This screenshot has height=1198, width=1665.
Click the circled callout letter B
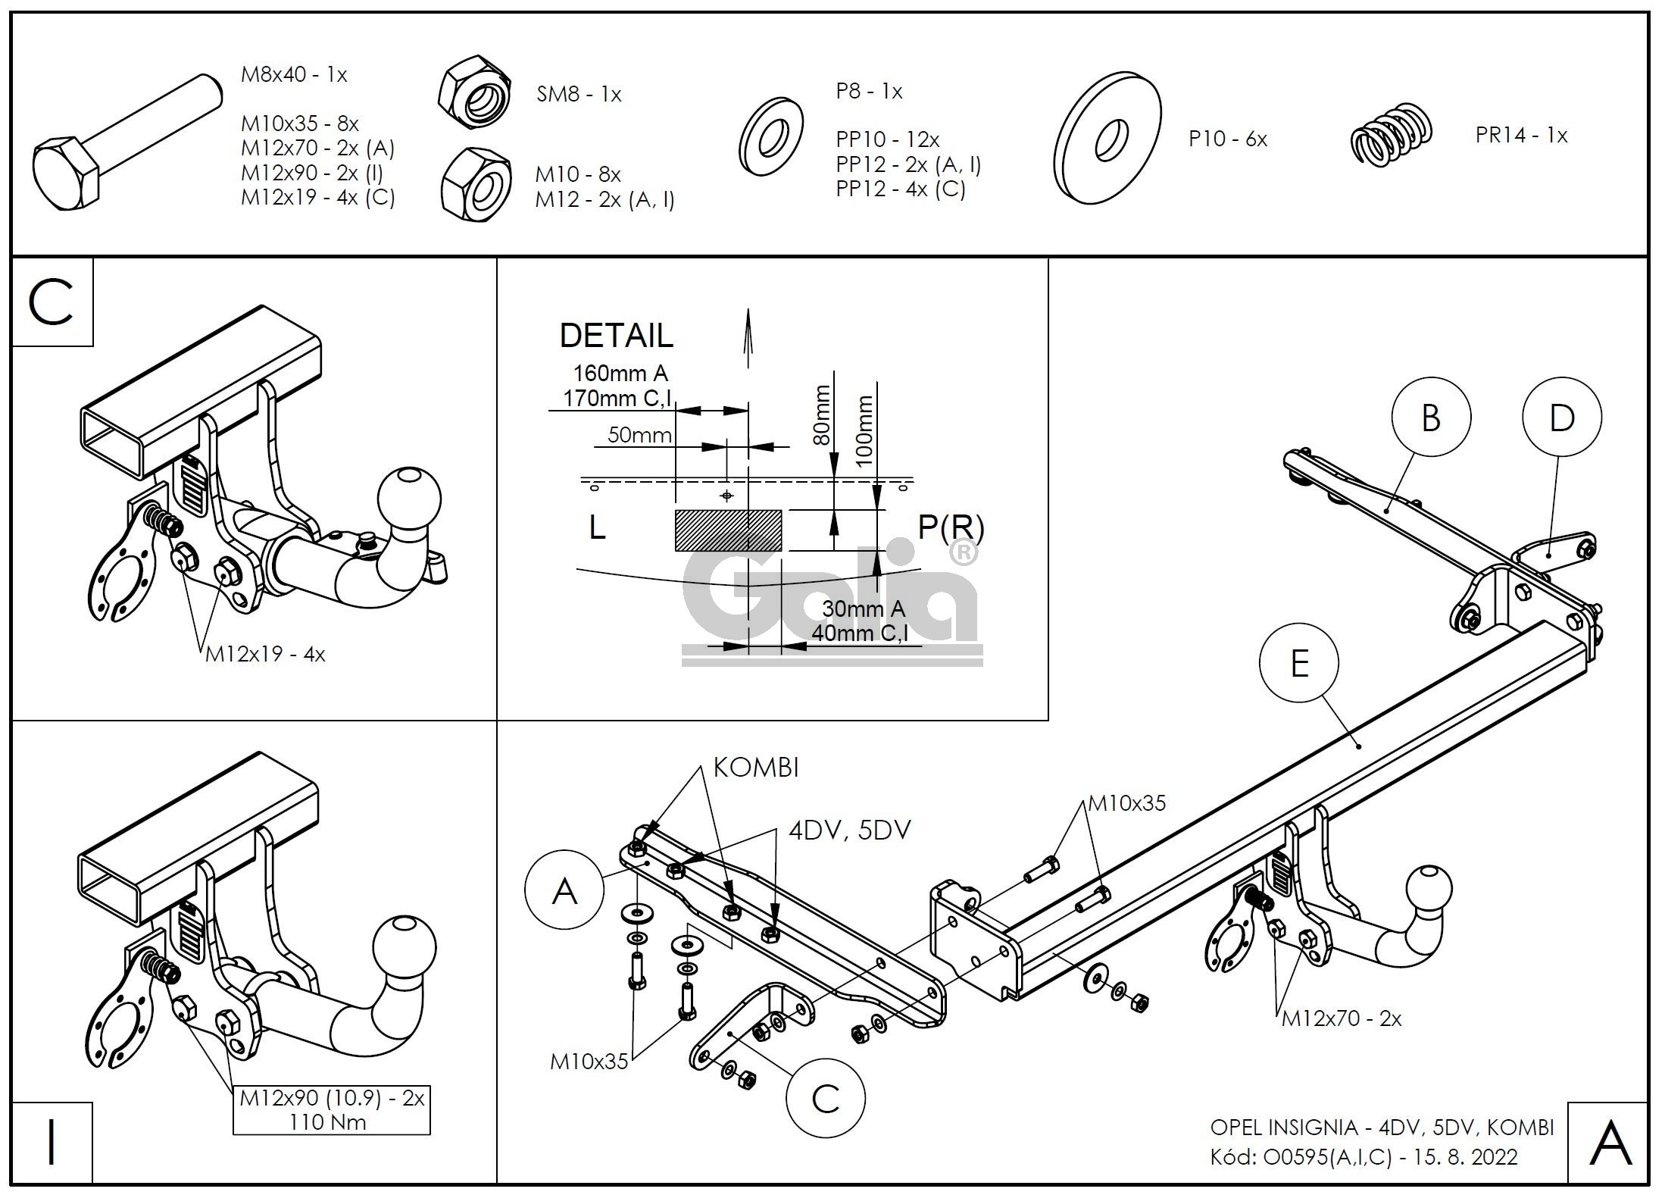click(x=1431, y=417)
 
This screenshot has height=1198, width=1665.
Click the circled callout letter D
click(x=1562, y=417)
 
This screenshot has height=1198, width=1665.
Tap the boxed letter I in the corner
click(x=52, y=1143)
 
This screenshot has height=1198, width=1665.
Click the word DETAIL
click(x=616, y=336)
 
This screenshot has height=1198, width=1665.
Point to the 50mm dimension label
click(x=639, y=435)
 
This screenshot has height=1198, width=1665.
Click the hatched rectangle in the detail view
click(x=728, y=530)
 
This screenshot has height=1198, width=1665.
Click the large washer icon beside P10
click(x=1107, y=138)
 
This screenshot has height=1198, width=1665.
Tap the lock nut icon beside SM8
click(x=473, y=92)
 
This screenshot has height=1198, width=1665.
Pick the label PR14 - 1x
click(x=1521, y=136)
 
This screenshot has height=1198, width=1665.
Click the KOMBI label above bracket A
click(x=756, y=768)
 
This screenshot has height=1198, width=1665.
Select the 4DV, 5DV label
click(x=849, y=830)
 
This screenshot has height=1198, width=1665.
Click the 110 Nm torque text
click(x=328, y=1122)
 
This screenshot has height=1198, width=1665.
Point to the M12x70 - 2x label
click(x=1341, y=1018)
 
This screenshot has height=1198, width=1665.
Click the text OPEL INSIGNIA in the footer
click(x=1283, y=1128)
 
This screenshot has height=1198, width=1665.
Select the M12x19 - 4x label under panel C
click(x=265, y=654)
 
